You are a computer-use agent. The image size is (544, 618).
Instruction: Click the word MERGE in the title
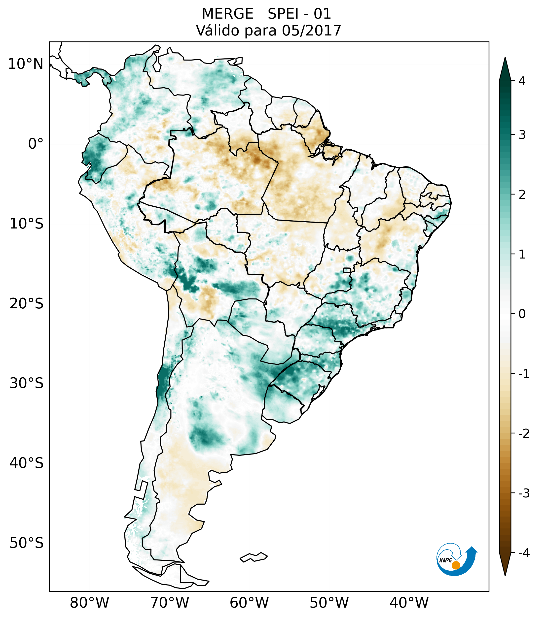pos(227,14)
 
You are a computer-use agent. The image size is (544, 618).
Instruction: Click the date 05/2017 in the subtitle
pos(311,31)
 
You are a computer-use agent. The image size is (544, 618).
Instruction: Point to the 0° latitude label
pos(36,144)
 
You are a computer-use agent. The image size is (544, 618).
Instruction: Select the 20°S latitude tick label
pos(27,304)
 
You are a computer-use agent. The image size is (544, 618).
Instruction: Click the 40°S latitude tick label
pos(27,463)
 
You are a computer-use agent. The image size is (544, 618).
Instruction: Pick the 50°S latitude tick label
pos(27,543)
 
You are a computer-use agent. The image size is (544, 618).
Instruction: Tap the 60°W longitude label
pos(249,603)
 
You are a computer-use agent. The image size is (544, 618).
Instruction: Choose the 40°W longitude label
pos(409,603)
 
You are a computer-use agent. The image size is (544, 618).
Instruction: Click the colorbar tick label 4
pos(522,81)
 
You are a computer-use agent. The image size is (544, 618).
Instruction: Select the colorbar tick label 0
pos(522,314)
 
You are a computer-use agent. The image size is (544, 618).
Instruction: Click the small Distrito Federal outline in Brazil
pos(347,270)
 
